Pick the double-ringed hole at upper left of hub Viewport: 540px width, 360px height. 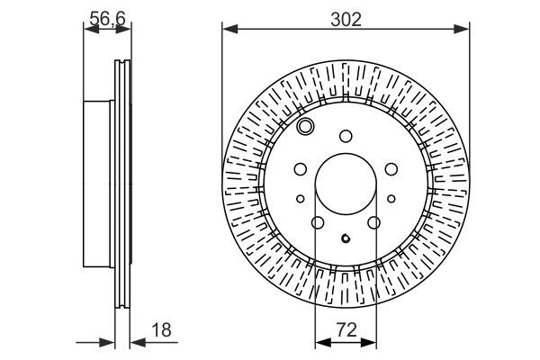[306, 126]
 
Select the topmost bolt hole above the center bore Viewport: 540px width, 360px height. [346, 137]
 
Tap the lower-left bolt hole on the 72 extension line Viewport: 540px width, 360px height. [317, 222]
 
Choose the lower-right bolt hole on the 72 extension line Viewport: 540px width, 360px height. [374, 222]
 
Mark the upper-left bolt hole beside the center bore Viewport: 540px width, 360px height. [300, 167]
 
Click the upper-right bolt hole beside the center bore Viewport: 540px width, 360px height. [391, 167]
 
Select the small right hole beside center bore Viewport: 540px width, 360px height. [391, 199]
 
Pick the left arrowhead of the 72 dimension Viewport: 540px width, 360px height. [321, 341]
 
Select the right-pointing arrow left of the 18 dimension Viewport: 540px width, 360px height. [110, 341]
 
